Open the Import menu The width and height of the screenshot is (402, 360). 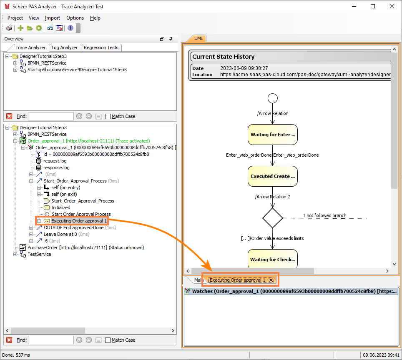(53, 18)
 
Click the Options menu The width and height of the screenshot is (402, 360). (75, 18)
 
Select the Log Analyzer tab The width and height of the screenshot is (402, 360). (65, 47)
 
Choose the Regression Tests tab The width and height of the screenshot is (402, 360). (101, 47)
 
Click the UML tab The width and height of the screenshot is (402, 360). (198, 38)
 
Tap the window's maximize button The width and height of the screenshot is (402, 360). (372, 6)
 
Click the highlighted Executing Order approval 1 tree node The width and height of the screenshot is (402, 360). (79, 221)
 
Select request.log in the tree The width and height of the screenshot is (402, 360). (55, 161)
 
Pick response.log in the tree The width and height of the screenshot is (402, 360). (56, 167)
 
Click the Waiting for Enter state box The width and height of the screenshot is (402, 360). (272, 135)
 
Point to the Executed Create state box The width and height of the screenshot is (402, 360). (272, 176)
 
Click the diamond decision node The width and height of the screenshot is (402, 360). (272, 218)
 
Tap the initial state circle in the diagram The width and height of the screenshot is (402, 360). (272, 98)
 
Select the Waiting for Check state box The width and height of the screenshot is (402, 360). (272, 260)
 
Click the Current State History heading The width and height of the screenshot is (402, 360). (224, 57)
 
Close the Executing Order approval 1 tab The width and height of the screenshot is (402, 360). (271, 280)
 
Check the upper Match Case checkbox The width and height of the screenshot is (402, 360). (108, 116)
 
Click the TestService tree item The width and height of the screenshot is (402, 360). (39, 254)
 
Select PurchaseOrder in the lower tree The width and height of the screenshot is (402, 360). (43, 247)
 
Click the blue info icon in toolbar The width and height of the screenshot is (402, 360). (70, 28)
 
